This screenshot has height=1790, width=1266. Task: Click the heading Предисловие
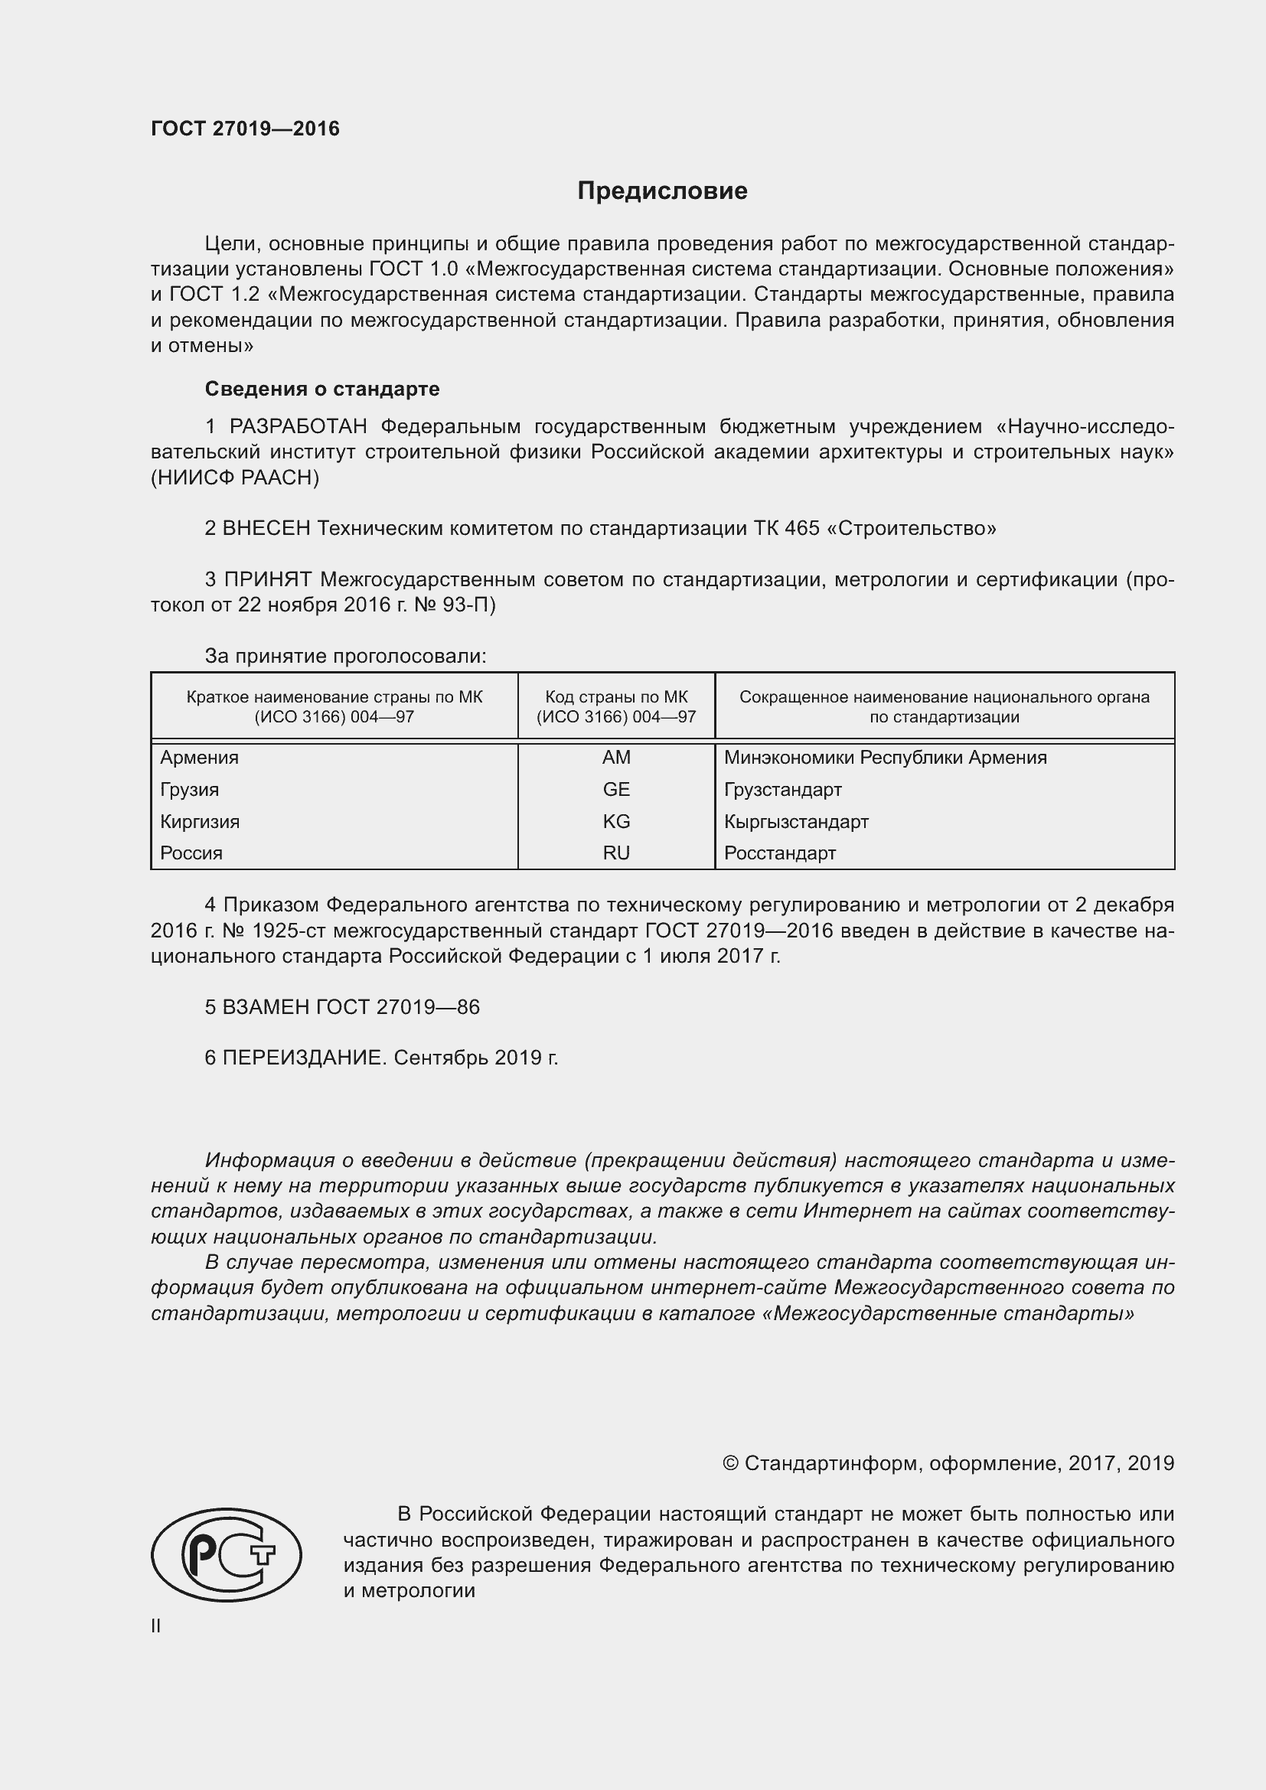(x=662, y=191)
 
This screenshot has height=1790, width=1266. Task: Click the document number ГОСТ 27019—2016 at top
(x=245, y=129)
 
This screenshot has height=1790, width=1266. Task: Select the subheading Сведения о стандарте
(x=322, y=388)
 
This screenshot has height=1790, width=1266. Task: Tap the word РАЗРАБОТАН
(x=298, y=426)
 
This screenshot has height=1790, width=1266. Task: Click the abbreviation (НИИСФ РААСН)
(x=235, y=478)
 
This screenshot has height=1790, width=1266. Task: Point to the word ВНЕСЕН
(x=266, y=529)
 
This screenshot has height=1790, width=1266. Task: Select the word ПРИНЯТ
(x=267, y=579)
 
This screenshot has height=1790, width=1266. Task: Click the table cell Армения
(x=200, y=757)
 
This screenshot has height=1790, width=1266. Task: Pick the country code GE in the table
(x=616, y=789)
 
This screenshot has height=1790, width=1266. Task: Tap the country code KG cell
(x=616, y=821)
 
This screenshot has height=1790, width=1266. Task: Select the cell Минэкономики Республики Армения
(x=885, y=757)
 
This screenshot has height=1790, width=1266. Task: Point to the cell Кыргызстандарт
(x=796, y=821)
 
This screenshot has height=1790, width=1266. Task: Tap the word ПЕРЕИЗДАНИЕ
(x=304, y=1057)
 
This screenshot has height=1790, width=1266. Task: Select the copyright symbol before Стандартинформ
(x=730, y=1463)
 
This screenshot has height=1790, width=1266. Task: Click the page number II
(x=156, y=1625)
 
